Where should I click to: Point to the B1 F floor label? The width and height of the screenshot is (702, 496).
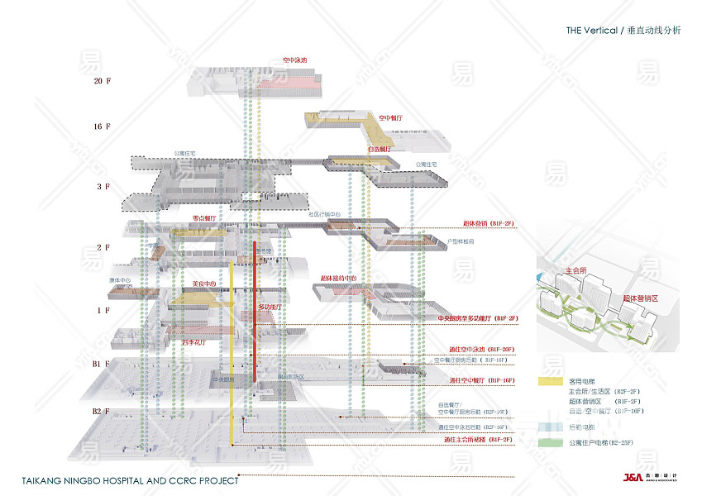tap(101, 364)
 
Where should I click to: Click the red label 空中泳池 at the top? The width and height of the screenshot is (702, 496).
tap(294, 60)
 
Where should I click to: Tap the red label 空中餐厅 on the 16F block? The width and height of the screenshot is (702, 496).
tap(390, 118)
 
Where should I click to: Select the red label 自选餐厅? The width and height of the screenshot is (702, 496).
tap(380, 149)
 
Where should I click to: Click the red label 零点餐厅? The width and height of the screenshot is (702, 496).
tap(203, 218)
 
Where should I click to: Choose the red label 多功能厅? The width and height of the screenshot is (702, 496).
tap(270, 307)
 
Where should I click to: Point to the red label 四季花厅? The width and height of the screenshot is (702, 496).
tap(193, 341)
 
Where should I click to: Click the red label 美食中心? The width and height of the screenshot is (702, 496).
tap(203, 284)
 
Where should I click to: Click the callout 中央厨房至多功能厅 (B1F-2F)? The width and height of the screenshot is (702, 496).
tap(477, 318)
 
